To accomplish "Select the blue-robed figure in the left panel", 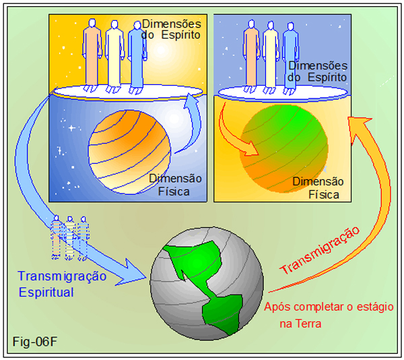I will (x=135, y=55).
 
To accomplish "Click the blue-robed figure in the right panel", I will (x=290, y=55).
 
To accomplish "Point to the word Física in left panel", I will (x=172, y=192).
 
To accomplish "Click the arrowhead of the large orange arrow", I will (x=354, y=122).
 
